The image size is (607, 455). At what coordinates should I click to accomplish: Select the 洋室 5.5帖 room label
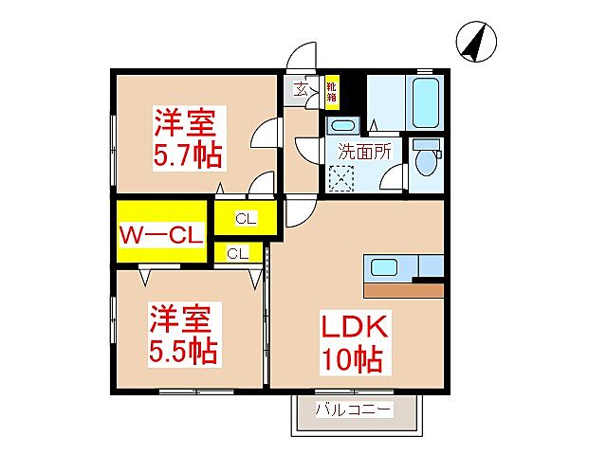(184, 335)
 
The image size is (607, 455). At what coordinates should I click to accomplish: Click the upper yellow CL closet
(245, 219)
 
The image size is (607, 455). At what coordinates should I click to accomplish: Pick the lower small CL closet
(238, 253)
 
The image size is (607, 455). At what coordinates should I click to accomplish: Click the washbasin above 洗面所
(341, 126)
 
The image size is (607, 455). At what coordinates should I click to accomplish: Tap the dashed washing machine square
(340, 177)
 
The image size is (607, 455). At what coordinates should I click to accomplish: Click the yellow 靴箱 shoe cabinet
(331, 91)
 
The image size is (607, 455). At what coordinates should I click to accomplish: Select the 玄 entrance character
(301, 90)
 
